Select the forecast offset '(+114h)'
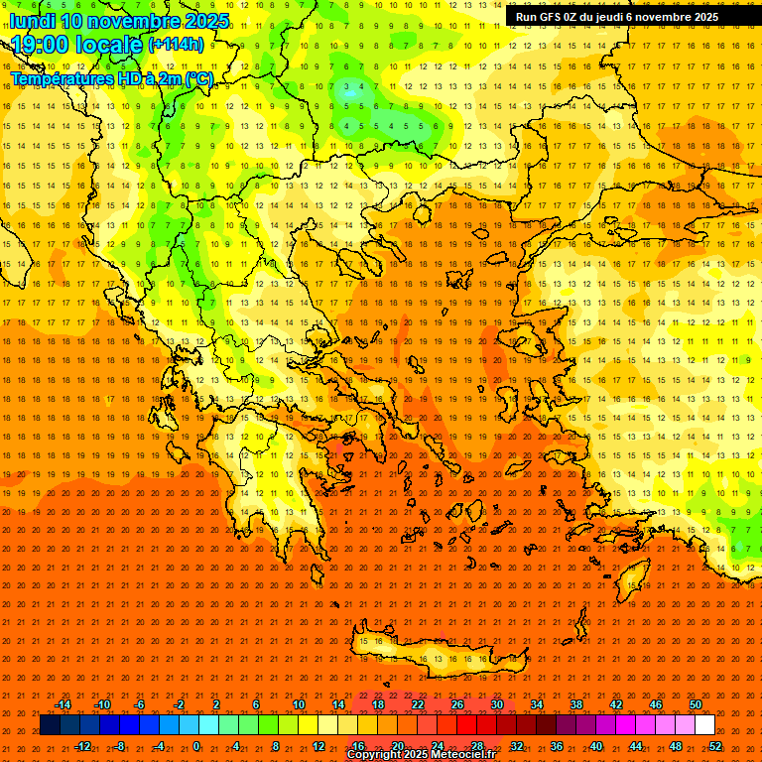click(176, 45)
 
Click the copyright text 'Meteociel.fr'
click(461, 755)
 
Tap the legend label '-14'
click(63, 704)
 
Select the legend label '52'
click(715, 746)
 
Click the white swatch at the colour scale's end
click(705, 725)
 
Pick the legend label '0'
click(195, 746)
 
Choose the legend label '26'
click(457, 704)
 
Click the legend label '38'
click(576, 704)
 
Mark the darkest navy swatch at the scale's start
click(50, 725)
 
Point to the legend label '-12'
click(82, 746)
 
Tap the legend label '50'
click(696, 704)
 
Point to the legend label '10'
click(299, 704)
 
